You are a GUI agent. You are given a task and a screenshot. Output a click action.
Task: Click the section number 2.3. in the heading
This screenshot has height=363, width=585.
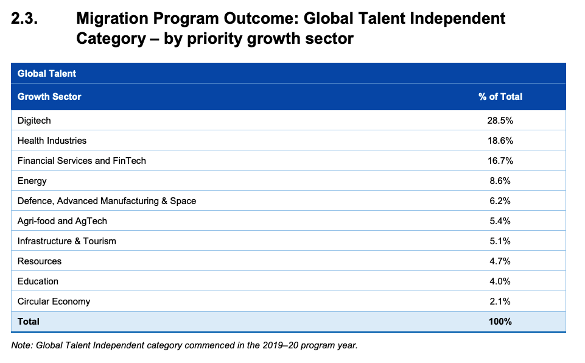tap(24, 18)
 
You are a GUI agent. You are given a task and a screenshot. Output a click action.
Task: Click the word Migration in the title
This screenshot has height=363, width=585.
tap(112, 19)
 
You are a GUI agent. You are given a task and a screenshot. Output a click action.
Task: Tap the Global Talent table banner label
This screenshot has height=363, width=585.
tap(47, 74)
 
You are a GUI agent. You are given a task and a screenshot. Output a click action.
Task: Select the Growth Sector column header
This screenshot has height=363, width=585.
tap(49, 97)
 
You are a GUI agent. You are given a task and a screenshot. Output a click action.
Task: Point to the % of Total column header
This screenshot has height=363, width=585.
tap(500, 97)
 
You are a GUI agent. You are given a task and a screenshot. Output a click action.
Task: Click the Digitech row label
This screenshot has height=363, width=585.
tap(34, 121)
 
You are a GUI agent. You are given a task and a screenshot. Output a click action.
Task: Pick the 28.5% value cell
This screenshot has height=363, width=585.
tap(500, 121)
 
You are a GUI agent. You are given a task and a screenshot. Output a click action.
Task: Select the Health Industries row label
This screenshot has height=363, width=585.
tap(52, 141)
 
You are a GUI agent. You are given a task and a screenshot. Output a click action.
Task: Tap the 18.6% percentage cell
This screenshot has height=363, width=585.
tap(500, 141)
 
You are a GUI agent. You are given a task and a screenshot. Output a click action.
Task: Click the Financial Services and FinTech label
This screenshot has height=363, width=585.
tap(82, 161)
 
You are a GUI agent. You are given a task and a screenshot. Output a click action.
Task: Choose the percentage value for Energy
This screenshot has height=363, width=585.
tap(500, 181)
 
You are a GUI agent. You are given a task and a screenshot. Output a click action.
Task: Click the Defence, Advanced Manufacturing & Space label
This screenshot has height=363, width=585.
tap(107, 201)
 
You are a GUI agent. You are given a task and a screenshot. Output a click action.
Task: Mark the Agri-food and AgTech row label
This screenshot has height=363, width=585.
tap(62, 221)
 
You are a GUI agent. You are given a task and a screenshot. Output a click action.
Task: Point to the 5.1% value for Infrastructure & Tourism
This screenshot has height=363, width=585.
tap(500, 241)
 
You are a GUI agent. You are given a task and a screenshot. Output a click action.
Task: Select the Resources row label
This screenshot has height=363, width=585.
tap(40, 261)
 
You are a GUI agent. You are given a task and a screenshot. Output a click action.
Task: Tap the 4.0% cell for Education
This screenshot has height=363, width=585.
tap(500, 281)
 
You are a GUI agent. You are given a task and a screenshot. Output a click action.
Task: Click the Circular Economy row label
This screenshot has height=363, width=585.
tap(54, 301)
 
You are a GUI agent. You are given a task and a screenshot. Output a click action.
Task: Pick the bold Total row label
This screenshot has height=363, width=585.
tap(29, 322)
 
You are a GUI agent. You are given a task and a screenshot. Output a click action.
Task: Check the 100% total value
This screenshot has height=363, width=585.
tap(500, 322)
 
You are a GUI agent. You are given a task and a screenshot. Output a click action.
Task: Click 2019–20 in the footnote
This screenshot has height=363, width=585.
tap(280, 345)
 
